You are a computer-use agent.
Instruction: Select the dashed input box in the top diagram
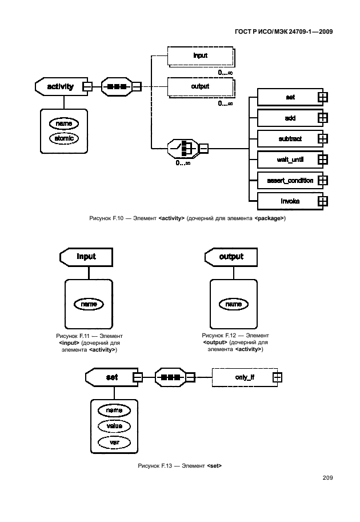[x=200, y=57]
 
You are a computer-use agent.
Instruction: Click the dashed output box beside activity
[x=200, y=87]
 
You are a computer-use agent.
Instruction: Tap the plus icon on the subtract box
[x=322, y=138]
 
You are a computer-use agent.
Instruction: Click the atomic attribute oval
[x=64, y=138]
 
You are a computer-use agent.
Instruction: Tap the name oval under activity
[x=64, y=123]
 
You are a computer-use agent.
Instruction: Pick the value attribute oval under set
[x=114, y=426]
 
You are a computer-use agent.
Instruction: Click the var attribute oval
[x=114, y=441]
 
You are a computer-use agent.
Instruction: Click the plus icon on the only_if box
[x=277, y=377]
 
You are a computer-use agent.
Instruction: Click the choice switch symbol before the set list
[x=185, y=150]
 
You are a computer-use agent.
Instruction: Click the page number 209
[x=327, y=478]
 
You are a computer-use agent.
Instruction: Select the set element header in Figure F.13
[x=110, y=377]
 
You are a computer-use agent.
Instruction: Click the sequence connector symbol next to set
[x=171, y=377]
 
